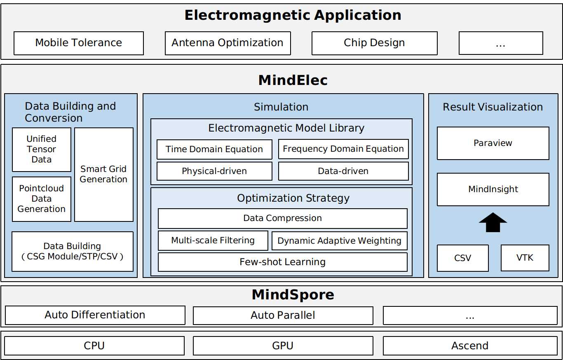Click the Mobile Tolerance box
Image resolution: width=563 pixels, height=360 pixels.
pyautogui.click(x=79, y=43)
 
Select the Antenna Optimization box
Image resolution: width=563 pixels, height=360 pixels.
pyautogui.click(x=228, y=43)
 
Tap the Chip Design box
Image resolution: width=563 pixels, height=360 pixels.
pyautogui.click(x=374, y=43)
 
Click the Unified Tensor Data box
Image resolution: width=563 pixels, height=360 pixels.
pyautogui.click(x=42, y=149)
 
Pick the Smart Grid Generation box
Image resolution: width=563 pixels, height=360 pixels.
pyautogui.click(x=104, y=174)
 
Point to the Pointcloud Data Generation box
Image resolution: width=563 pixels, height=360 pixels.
pyautogui.click(x=42, y=199)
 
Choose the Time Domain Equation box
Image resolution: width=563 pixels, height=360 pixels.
pyautogui.click(x=214, y=149)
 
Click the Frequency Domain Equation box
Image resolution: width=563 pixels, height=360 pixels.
pyautogui.click(x=343, y=149)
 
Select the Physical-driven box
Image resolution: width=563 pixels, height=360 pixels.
pyautogui.click(x=214, y=171)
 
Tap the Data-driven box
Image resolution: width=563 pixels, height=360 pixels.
pyautogui.click(x=343, y=171)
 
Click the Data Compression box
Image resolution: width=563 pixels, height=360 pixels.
pyautogui.click(x=283, y=218)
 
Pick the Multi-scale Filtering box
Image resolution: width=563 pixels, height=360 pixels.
pyautogui.click(x=213, y=240)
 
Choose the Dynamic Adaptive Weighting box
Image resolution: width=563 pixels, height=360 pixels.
pyautogui.click(x=339, y=241)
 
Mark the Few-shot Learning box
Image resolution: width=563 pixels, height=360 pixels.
pyautogui.click(x=283, y=262)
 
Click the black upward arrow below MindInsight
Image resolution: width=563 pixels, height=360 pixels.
pyautogui.click(x=493, y=222)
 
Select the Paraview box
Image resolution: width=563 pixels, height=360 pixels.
pyautogui.click(x=493, y=143)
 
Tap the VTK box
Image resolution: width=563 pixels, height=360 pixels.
pyautogui.click(x=525, y=258)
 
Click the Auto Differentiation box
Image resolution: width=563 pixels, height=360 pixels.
pyautogui.click(x=95, y=315)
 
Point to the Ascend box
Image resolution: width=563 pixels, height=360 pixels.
pyautogui.click(x=470, y=346)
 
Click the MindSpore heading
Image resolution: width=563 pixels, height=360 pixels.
pyautogui.click(x=293, y=295)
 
